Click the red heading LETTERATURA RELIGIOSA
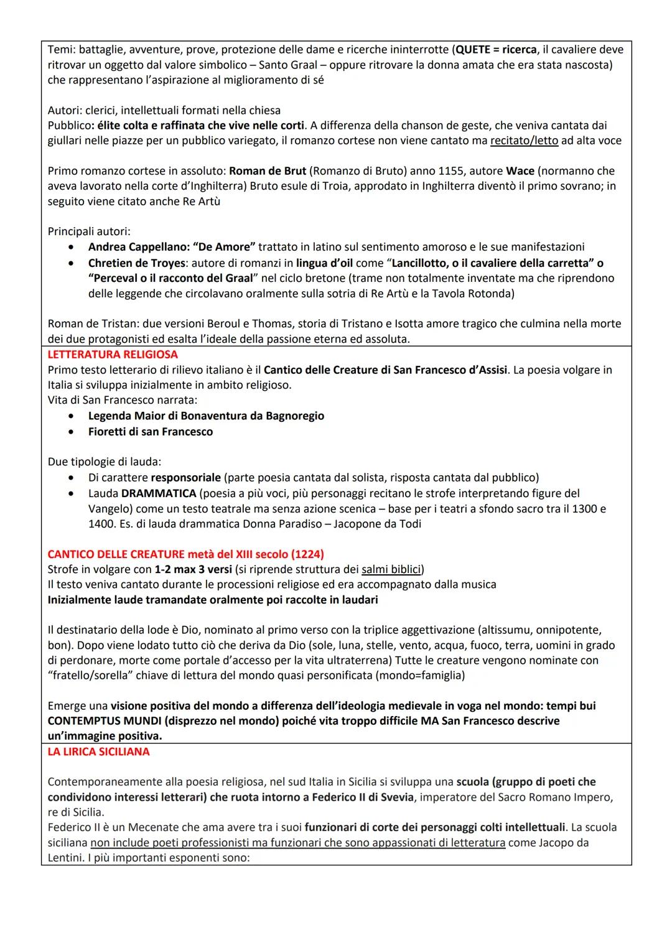tap(113, 355)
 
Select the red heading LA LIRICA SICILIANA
tap(98, 752)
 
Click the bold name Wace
tap(520, 171)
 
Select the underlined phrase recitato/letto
tap(524, 141)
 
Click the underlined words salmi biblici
tap(391, 569)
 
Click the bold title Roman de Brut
tap(268, 171)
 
